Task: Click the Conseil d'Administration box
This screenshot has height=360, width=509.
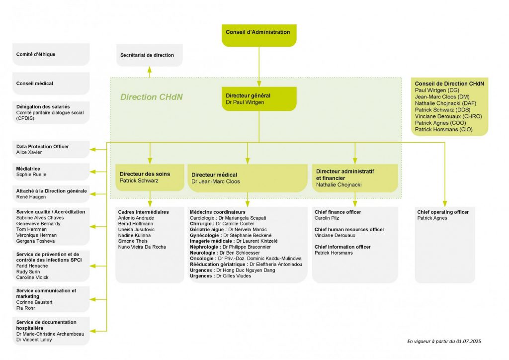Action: pyautogui.click(x=258, y=35)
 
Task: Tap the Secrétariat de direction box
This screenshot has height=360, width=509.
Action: pyautogui.click(x=149, y=55)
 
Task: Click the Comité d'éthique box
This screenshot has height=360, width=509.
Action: pyautogui.click(x=52, y=54)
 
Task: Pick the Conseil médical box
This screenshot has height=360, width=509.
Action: pyautogui.click(x=52, y=84)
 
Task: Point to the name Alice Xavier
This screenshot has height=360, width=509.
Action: pyautogui.click(x=29, y=152)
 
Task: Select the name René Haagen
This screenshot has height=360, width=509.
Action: pyautogui.click(x=31, y=197)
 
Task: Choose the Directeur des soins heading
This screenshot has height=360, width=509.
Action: pyautogui.click(x=145, y=174)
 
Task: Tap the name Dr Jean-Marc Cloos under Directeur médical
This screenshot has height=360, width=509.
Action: pyautogui.click(x=216, y=181)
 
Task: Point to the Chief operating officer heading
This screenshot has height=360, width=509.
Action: pyautogui.click(x=442, y=212)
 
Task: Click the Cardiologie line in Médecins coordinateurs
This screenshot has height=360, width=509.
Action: pyautogui.click(x=228, y=218)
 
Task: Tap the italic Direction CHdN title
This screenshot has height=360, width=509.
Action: pyautogui.click(x=152, y=97)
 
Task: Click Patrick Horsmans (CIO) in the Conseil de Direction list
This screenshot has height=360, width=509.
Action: pyautogui.click(x=443, y=129)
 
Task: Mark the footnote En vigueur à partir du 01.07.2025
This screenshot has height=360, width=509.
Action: pyautogui.click(x=444, y=342)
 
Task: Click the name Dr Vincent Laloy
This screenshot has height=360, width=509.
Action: pyautogui.click(x=34, y=340)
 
